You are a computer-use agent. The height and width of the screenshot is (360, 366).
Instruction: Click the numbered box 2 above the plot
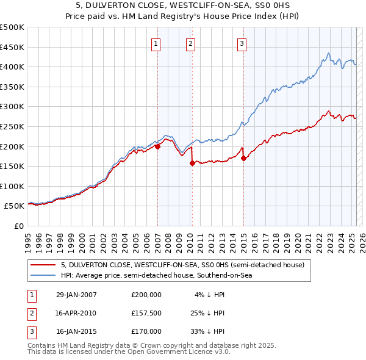point(191,43)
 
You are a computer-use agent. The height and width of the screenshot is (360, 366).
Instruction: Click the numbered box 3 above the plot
point(242,43)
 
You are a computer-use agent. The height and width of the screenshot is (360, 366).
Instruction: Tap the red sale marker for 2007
point(157,146)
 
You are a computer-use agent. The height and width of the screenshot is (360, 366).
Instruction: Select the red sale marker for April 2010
point(192,163)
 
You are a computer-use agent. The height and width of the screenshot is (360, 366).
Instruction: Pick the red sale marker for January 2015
point(243,158)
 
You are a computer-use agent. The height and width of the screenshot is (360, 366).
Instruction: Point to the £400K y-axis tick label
point(12,67)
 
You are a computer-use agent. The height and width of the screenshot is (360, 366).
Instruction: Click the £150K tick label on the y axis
point(12,166)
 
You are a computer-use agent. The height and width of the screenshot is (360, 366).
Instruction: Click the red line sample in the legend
point(43,265)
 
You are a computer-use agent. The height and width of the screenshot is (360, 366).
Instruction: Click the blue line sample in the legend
point(43,275)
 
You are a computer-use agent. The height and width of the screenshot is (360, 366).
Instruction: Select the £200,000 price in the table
point(146,295)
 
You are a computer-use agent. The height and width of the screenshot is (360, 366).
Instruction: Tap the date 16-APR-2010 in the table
point(76,313)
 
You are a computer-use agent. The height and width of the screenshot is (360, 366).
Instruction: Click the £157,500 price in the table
point(146,313)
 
